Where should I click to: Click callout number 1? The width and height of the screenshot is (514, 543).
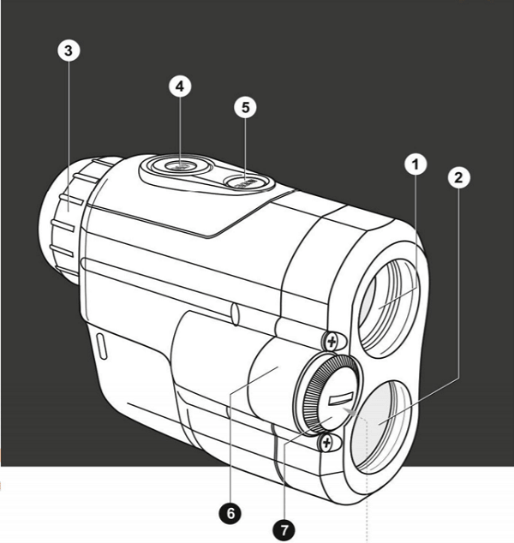415,163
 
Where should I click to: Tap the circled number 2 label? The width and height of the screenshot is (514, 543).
458,177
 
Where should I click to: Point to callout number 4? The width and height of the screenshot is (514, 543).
180,87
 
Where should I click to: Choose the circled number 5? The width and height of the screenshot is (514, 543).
245,108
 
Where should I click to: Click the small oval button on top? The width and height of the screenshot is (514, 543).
247,181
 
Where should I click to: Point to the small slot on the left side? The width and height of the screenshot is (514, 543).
101,346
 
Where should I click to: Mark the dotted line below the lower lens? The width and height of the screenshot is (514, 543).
368,505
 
